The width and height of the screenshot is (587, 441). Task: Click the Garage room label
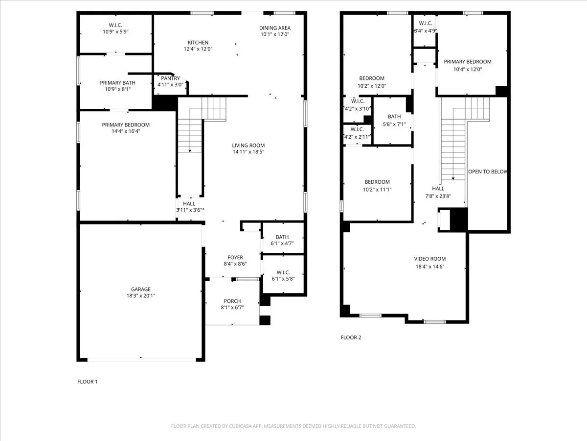[140, 289]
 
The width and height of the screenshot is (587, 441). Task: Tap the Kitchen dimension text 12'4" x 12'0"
[198, 49]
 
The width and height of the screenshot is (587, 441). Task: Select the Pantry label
[170, 78]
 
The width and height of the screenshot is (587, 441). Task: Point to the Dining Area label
[275, 28]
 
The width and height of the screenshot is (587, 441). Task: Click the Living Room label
[248, 146]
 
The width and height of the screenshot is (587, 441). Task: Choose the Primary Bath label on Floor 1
[115, 83]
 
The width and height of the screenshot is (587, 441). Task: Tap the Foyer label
[235, 257]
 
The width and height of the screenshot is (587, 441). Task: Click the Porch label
[232, 301]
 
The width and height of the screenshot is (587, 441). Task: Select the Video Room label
[430, 259]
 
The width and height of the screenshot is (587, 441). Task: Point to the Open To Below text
[488, 171]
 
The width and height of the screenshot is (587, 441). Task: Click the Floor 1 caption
[88, 381]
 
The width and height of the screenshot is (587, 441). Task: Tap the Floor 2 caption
[351, 337]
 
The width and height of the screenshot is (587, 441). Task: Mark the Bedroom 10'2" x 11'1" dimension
[377, 189]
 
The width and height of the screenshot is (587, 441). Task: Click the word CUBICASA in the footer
[242, 426]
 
